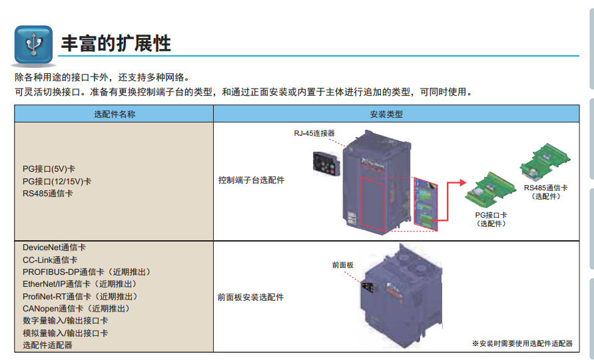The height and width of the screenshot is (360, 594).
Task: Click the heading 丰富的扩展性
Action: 115,43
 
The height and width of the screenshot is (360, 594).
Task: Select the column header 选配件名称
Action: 114,114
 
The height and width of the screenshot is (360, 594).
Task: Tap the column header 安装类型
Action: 386,114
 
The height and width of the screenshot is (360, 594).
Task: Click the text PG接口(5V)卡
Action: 49,169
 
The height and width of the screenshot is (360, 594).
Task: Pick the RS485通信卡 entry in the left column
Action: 48,193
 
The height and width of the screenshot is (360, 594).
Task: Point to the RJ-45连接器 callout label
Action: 314,133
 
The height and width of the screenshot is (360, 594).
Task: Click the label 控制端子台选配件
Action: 251,180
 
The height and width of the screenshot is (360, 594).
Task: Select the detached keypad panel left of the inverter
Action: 325,162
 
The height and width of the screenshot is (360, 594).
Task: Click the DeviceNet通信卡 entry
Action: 54,248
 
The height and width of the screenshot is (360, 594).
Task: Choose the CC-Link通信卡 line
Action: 50,260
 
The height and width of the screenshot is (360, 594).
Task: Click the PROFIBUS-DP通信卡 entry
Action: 87,272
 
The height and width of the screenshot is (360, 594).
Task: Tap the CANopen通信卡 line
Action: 76,309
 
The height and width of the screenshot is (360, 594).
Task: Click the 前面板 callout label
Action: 343,265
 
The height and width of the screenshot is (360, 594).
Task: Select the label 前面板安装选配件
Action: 251,297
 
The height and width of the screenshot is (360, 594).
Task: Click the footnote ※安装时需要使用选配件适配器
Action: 522,343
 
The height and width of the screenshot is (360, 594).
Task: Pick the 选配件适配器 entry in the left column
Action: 47,345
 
